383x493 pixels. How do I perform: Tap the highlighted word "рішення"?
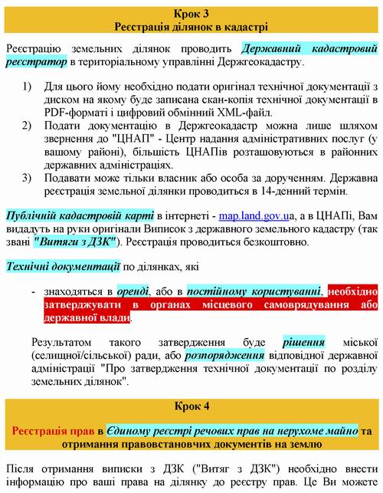304,342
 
